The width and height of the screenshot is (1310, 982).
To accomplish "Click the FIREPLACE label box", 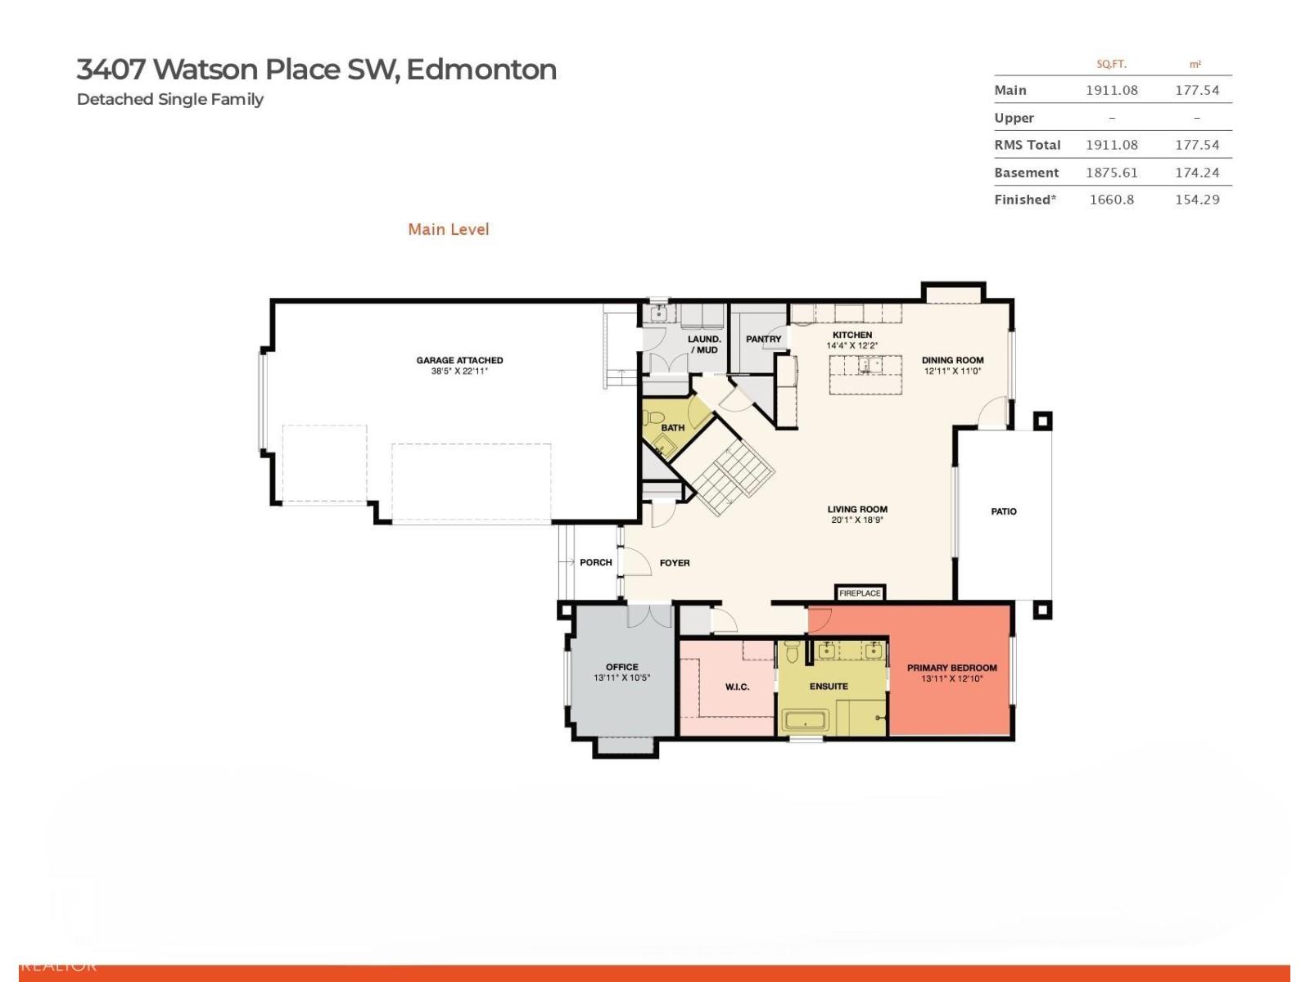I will [860, 593].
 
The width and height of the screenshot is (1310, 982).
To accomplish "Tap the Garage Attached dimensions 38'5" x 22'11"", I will [459, 372].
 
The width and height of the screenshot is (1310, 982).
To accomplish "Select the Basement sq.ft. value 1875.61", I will [1111, 173].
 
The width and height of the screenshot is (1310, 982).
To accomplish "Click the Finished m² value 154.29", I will [1196, 200].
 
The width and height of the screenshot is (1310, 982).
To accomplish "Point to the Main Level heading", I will [449, 230].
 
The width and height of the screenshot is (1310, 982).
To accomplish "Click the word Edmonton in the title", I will [481, 70].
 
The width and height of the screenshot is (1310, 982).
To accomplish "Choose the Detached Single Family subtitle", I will [170, 100].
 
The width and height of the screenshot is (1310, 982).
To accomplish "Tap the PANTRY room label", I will [763, 339].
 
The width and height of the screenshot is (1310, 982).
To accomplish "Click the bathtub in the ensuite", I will [806, 721].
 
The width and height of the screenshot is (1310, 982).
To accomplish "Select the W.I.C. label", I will [737, 687].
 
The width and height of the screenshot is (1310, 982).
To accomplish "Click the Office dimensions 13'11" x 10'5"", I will [621, 678].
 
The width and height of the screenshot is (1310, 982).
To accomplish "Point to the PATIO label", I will [1004, 511].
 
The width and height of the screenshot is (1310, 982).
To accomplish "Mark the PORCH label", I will [595, 562].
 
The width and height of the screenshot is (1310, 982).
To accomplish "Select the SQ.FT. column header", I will [1111, 64].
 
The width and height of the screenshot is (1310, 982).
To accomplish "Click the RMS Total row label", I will [1027, 145].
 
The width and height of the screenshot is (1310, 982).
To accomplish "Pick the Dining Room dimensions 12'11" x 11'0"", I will [952, 372].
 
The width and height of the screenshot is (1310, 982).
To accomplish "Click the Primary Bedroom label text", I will [951, 668].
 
